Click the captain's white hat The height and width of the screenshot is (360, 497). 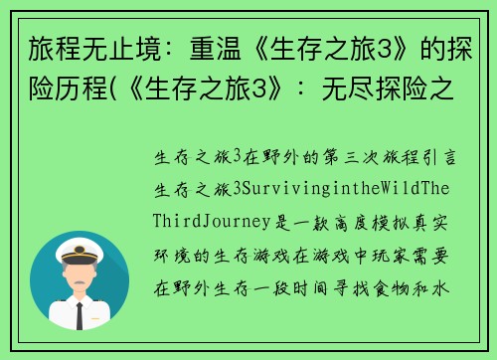click(x=80, y=249)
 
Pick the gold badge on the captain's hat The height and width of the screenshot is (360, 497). click(x=80, y=246)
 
